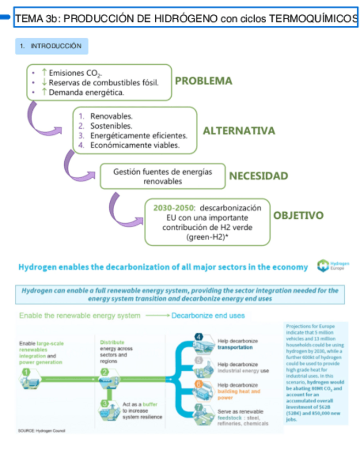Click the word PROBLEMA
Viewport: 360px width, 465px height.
[203, 81]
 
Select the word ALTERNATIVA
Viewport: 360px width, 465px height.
[239, 131]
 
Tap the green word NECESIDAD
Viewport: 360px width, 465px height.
[258, 176]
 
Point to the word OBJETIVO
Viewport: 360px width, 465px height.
[298, 216]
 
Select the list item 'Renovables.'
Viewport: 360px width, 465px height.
[111, 117]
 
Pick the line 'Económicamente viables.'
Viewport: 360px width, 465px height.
[134, 145]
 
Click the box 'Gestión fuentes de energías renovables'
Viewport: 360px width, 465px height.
[162, 176]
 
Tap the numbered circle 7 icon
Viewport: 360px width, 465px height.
[199, 407]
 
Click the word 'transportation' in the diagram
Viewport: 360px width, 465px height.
[235, 347]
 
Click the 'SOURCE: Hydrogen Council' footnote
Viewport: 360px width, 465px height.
[41, 430]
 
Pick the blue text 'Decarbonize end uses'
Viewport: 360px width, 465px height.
[208, 316]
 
